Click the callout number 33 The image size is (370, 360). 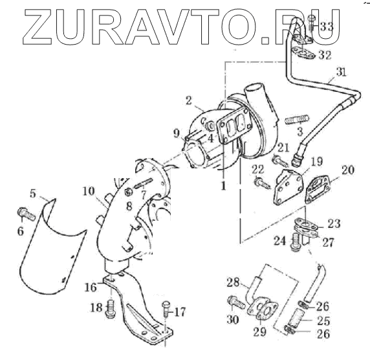coord(326,27)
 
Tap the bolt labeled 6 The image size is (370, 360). coord(26,214)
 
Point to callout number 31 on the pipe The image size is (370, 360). coord(341,72)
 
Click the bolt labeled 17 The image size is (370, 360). coord(166,309)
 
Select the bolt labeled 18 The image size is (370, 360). coord(111,309)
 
